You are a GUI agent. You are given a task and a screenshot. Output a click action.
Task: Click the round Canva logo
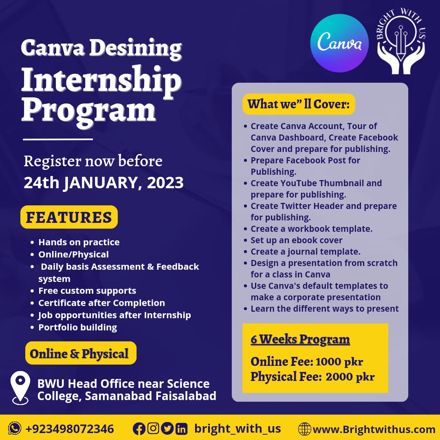(339, 43)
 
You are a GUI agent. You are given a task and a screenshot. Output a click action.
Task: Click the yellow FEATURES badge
(69, 217)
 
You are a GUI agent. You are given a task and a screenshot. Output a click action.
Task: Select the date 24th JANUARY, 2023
(103, 183)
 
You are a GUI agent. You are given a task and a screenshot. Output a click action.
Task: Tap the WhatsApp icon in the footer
(15, 429)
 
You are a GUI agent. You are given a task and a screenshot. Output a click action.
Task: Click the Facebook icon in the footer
(139, 429)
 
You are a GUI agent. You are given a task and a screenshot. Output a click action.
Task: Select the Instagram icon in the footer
(153, 429)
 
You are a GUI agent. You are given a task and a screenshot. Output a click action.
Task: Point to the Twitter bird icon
(167, 429)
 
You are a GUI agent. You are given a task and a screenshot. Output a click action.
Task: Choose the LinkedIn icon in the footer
(181, 429)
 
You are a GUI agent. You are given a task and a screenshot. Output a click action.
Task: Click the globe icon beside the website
(304, 429)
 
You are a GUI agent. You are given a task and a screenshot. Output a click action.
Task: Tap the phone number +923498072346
(70, 429)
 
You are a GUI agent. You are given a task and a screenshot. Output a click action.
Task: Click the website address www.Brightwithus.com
(374, 429)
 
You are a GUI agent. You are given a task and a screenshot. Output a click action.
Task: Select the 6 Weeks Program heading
(300, 339)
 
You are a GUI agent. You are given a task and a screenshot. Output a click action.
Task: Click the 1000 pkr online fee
(339, 362)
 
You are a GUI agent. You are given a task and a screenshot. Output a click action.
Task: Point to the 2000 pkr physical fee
(350, 377)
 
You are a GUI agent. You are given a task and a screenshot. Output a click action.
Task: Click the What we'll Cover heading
(299, 104)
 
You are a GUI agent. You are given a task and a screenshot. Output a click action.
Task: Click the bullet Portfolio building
(77, 327)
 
